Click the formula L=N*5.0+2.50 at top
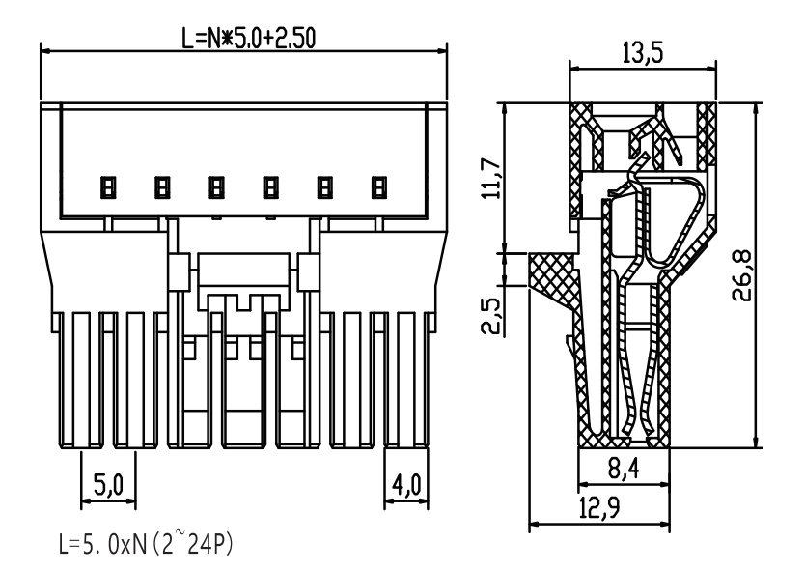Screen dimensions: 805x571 (x=249, y=39)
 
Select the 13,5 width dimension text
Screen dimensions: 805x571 (x=642, y=53)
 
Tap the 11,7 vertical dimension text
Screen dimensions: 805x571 (x=492, y=179)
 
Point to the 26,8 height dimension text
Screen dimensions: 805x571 (x=742, y=275)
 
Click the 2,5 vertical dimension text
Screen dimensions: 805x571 (x=492, y=316)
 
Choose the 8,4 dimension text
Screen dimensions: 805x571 (x=624, y=469)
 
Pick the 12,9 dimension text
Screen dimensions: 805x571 (x=599, y=508)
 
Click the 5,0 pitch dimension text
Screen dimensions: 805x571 (x=108, y=485)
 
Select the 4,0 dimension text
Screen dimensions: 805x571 (x=406, y=485)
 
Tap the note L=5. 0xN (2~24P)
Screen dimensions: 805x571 (x=146, y=544)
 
